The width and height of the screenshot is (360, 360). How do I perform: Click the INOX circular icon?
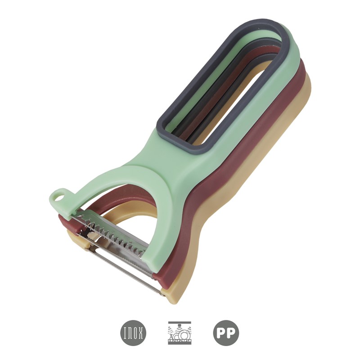(133, 333)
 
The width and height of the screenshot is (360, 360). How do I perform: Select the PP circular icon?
(226, 333)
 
